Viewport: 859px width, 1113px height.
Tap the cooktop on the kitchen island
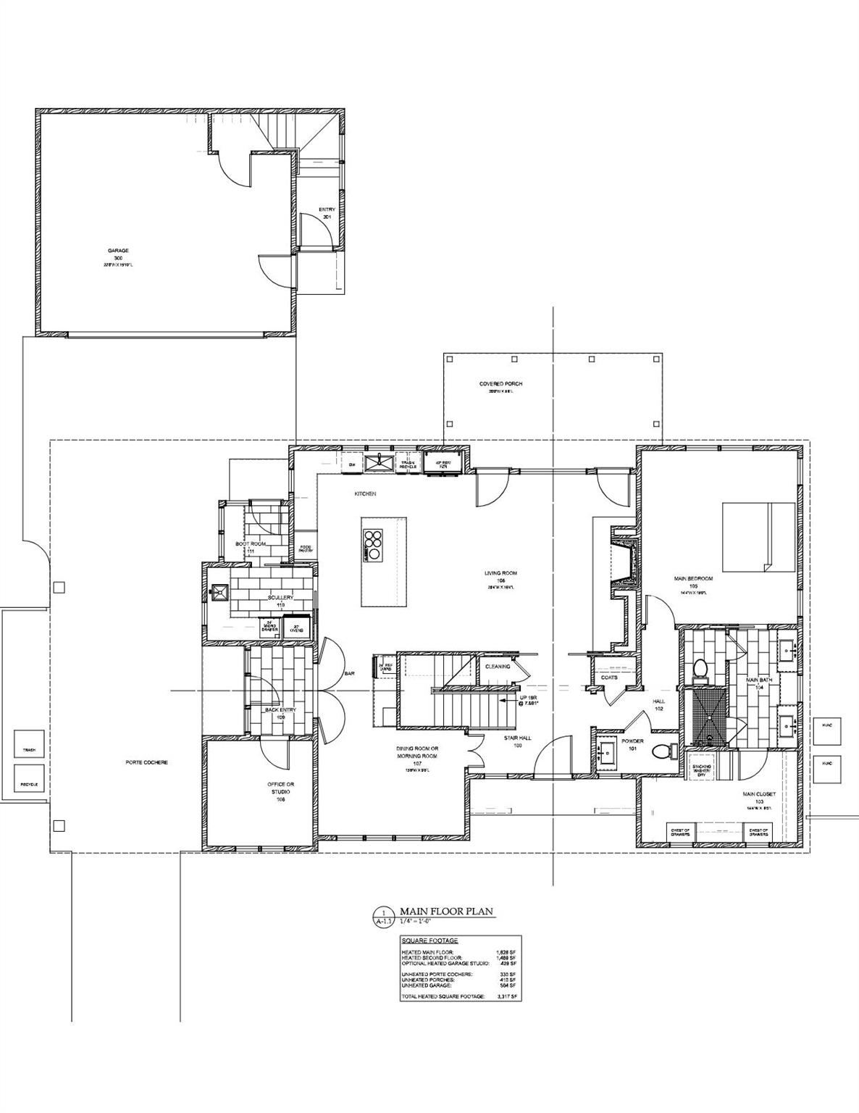(372, 546)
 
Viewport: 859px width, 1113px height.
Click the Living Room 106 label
(501, 577)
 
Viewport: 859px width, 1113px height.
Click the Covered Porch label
(500, 384)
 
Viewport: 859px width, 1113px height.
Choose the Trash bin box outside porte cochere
(29, 750)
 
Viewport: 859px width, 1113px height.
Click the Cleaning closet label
(498, 666)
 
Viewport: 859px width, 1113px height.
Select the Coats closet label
(608, 678)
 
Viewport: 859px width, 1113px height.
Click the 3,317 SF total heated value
(507, 998)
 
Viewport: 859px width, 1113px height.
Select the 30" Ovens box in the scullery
(296, 628)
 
